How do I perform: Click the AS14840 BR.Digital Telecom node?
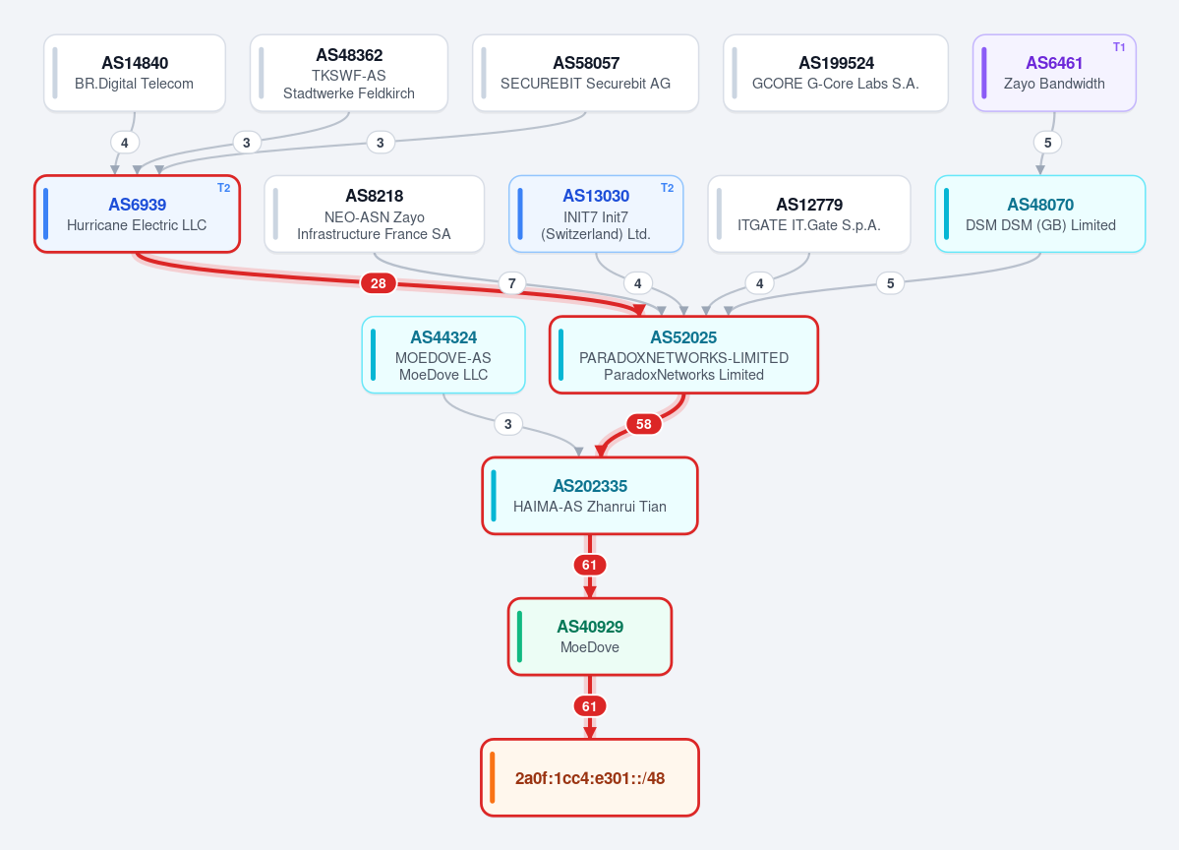tap(135, 73)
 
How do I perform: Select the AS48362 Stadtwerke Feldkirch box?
tap(349, 73)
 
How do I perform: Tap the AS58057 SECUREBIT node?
tap(586, 73)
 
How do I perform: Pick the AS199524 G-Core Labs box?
tap(836, 73)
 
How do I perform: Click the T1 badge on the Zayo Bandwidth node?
tap(1119, 46)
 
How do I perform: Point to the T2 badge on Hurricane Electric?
tap(224, 188)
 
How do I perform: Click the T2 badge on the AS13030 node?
tap(667, 188)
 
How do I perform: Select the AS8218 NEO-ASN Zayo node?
tap(375, 214)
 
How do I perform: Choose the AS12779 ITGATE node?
tap(809, 214)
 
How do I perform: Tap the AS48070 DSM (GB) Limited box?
tap(1040, 214)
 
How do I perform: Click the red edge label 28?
tap(379, 283)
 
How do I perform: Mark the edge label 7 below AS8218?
tap(512, 283)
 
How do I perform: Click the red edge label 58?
tap(644, 424)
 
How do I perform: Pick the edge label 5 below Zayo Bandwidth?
tap(1047, 143)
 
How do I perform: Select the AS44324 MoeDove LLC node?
tap(443, 355)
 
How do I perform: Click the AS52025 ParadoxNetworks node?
tap(683, 355)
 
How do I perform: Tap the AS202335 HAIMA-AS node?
tap(590, 496)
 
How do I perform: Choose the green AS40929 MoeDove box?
tap(590, 637)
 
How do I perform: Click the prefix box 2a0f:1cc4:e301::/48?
tap(590, 778)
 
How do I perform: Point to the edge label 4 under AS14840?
tap(125, 143)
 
